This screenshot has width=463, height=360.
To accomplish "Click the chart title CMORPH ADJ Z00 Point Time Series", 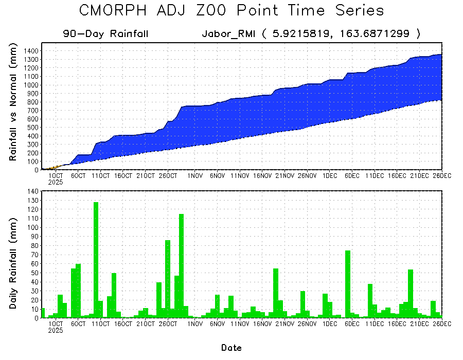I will point(232,11).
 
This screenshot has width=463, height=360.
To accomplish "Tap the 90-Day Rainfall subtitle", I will point(106,34).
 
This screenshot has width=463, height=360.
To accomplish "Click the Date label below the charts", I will point(232,348).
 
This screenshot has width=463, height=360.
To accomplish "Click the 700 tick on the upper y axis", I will point(31,111).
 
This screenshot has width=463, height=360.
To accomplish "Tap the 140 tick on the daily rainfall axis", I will point(33,191).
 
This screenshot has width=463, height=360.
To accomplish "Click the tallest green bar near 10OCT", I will point(96,260).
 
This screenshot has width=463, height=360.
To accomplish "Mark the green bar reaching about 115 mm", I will point(181,266).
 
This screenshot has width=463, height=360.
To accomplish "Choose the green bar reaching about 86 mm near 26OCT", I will point(168,279).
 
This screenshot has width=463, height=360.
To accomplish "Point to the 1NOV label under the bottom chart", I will point(194,324).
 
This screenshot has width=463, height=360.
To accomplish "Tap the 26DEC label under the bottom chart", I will point(441,324).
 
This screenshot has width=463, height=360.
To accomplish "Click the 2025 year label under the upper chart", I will point(55,182).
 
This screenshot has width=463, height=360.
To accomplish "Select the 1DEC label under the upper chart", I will point(329,176).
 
